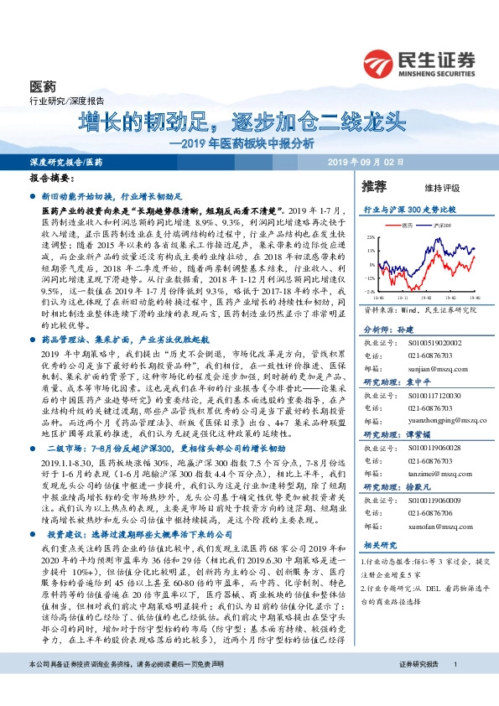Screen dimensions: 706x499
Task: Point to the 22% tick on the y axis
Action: [371, 238]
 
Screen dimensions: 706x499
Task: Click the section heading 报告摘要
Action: [53, 179]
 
